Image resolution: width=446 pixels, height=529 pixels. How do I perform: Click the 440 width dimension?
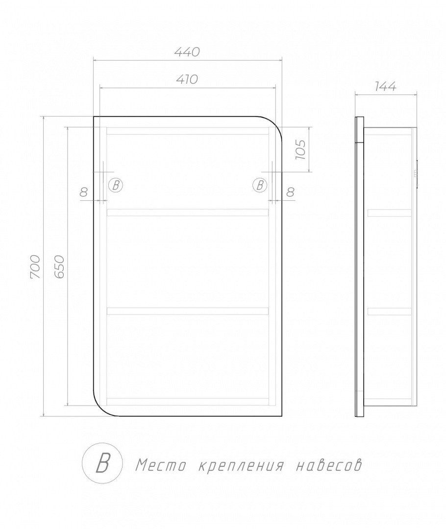tap(187, 52)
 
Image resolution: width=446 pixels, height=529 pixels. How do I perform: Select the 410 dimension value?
tap(187, 79)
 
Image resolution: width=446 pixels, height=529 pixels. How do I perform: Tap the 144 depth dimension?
tap(385, 87)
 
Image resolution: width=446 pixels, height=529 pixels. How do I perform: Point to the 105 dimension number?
tap(300, 149)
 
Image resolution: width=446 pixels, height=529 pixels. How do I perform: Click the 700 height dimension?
tap(35, 267)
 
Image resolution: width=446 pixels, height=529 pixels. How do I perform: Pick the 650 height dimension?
tap(59, 266)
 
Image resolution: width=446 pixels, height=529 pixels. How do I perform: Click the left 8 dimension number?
tap(84, 192)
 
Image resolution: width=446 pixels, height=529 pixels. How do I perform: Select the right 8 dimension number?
tap(290, 192)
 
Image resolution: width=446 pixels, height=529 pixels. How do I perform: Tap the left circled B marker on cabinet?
tap(116, 185)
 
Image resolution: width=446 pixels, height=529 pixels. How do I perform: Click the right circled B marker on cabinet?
tap(260, 185)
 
